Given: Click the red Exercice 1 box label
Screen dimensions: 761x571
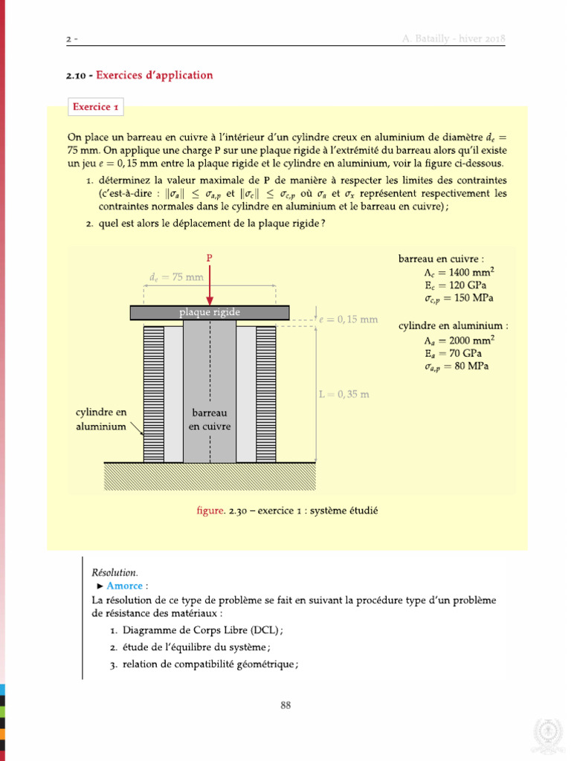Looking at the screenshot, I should pos(96,107).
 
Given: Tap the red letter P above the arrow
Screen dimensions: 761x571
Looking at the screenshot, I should pos(210,258).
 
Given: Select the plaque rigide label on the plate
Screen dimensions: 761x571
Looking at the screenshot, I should pos(210,312).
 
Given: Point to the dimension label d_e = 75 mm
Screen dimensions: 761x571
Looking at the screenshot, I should pos(176,277).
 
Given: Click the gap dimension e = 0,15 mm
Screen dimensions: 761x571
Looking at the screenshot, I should pos(348,320).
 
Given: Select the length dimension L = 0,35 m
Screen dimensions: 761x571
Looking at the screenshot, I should pos(343,395).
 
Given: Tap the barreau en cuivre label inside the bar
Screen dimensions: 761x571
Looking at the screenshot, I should pos(210,419).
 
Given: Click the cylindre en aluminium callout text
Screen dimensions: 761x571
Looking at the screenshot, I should pos(101,419).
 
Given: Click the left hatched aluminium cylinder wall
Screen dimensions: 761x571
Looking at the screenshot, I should pos(154,394).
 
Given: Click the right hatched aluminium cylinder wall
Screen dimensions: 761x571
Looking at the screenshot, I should pos(265,394).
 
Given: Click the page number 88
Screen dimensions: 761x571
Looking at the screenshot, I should pos(285,705).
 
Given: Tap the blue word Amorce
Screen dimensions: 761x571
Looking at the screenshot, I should pos(124,586).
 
